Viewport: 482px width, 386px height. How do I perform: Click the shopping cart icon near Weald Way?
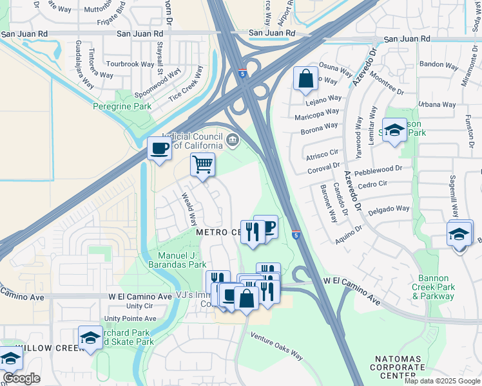tap(202, 165)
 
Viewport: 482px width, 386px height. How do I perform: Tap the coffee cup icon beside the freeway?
tap(159, 149)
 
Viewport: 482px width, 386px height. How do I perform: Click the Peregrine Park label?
tap(122, 106)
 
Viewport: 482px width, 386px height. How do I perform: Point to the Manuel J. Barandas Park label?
tap(182, 259)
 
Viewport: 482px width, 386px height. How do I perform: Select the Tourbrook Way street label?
tap(130, 64)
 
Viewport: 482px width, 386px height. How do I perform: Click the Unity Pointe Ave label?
tap(130, 318)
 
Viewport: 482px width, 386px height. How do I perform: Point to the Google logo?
tap(21, 378)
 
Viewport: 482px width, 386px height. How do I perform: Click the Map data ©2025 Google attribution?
tap(442, 381)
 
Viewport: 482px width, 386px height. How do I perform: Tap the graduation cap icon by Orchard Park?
tap(90, 336)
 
